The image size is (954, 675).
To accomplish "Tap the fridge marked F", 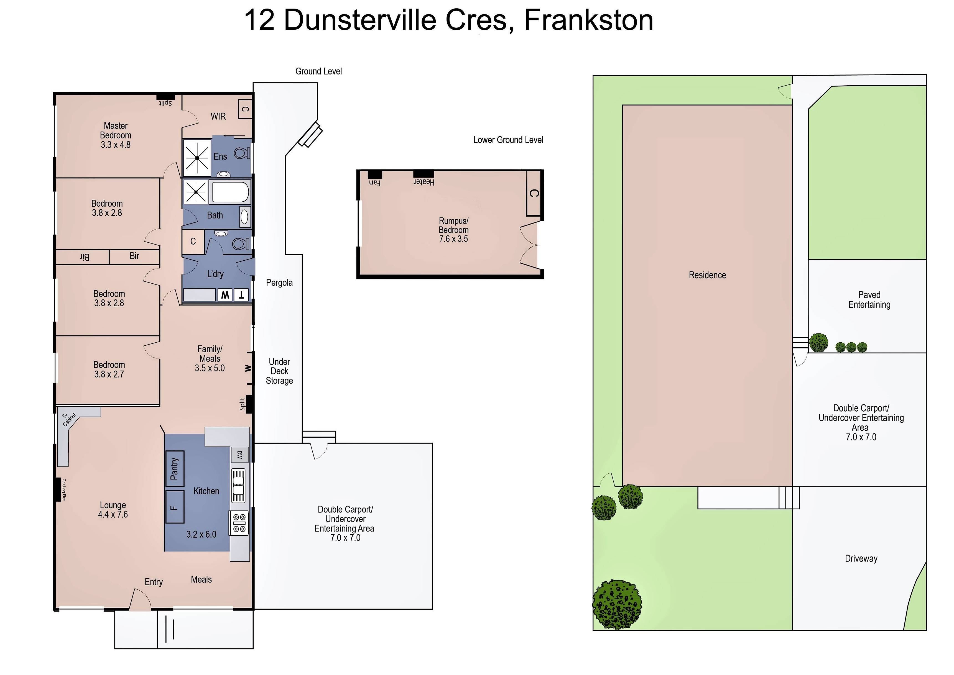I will tap(175, 507).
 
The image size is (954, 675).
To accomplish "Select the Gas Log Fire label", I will tap(64, 490).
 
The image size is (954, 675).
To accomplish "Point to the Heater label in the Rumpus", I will tap(424, 182).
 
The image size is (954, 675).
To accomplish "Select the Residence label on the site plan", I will tap(707, 275).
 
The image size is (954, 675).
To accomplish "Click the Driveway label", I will tap(861, 559).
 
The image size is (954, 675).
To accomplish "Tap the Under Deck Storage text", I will tap(279, 371).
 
